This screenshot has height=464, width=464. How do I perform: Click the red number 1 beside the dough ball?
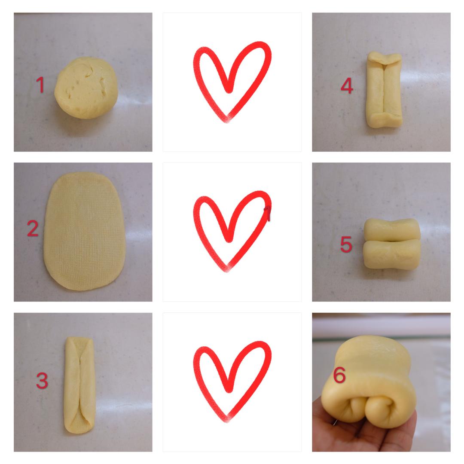tap(40, 85)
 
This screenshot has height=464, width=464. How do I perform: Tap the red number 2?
tap(33, 229)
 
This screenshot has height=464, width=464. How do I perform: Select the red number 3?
tap(42, 381)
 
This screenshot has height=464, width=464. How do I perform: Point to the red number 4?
tap(347, 86)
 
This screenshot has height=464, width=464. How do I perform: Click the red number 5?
tap(346, 244)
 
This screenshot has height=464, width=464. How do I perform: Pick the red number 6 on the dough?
tap(339, 375)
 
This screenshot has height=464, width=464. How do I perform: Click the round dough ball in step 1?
tap(86, 88)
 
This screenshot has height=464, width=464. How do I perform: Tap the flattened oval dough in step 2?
tap(85, 231)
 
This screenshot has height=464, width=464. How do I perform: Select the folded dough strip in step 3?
tap(79, 385)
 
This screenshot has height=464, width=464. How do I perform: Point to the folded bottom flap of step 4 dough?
tap(385, 120)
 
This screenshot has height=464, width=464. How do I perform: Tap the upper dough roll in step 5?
tap(392, 229)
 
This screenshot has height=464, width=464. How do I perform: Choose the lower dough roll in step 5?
tap(391, 254)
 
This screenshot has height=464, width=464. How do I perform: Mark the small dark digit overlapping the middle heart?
tap(267, 214)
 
